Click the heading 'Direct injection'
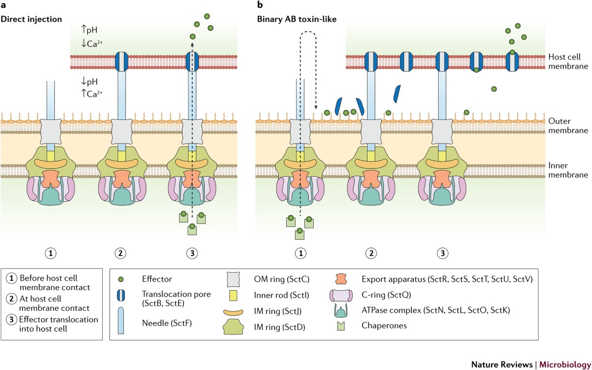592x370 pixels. [31, 19]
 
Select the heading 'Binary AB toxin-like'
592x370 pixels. [297, 19]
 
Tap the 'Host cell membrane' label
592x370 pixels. [568, 61]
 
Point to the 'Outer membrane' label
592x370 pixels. [568, 125]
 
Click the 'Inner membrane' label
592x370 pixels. [568, 170]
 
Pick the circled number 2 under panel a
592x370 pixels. [120, 253]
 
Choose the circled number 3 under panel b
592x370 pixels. [443, 253]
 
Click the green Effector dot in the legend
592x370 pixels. [121, 279]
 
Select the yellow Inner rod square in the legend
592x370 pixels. [233, 296]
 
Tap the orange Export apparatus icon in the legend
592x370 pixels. [341, 279]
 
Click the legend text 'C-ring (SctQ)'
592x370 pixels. [386, 295]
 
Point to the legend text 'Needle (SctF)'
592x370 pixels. [167, 323]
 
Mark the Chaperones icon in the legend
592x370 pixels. [341, 326]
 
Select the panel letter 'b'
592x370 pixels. [260, 5]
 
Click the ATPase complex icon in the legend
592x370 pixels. [341, 310]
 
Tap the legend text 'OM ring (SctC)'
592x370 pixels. [282, 279]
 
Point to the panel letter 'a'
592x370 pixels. [3, 5]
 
